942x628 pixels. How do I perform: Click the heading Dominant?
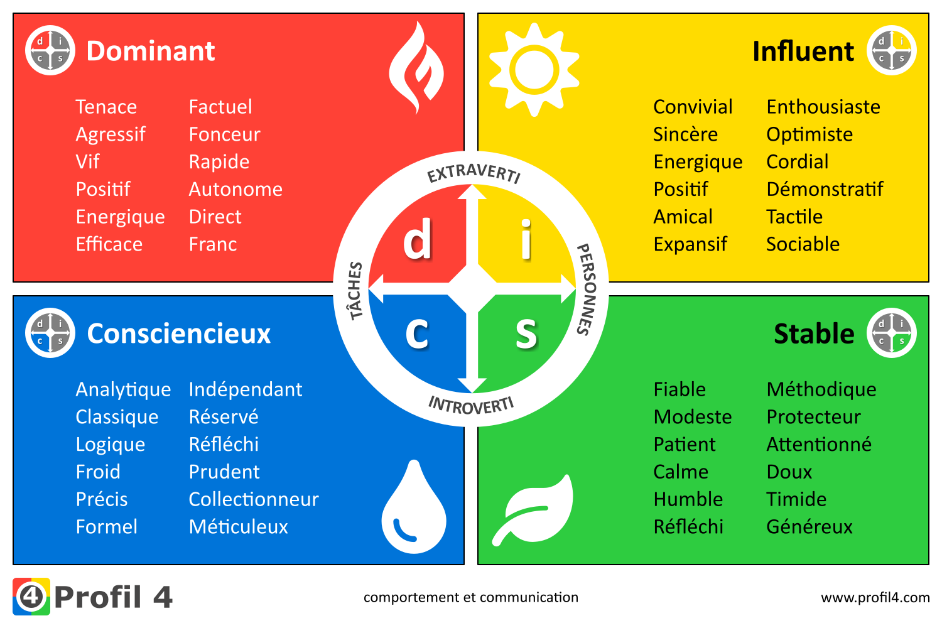pos(151,51)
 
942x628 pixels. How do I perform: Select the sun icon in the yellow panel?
pos(534,70)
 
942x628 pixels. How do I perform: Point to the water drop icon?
pos(414,507)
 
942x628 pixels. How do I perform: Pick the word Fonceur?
pos(225,134)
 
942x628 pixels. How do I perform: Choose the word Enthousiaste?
pos(823,107)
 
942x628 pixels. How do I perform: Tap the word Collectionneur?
pos(254,499)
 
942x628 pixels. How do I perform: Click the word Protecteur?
pos(813,417)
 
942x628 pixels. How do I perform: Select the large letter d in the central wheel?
pos(418,239)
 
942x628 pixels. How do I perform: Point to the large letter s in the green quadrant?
pos(526,333)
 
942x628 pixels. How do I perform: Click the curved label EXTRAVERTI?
pos(474,173)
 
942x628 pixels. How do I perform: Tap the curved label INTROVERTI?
pos(471,406)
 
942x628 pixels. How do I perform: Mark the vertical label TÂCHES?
pos(356,291)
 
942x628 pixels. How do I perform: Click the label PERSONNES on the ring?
pos(587,290)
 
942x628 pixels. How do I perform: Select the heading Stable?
pos(814,333)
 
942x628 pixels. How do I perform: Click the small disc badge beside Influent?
pos(891,50)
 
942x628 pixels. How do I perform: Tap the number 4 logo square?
pos(31,597)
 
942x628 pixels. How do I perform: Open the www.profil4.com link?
pos(875,597)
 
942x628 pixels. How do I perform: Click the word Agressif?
pos(110,134)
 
